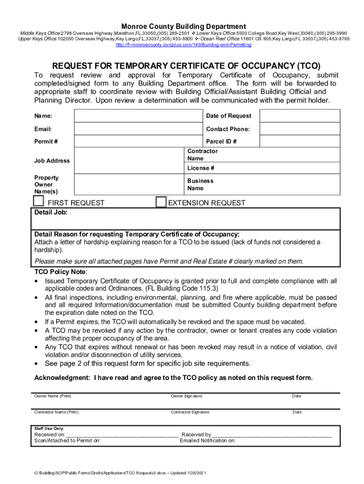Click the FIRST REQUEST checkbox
(38, 201)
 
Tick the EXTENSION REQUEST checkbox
(161, 202)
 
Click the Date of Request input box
(300, 116)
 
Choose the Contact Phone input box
(300, 129)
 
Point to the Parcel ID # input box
(300, 141)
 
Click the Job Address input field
(129, 161)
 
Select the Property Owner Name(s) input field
(129, 184)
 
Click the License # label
(201, 168)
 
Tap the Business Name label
(200, 184)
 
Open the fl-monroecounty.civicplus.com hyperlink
(183, 45)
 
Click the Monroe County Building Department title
(183, 26)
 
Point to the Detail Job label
(51, 213)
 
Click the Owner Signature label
(186, 396)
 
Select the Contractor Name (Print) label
(56, 412)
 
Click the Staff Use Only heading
(49, 428)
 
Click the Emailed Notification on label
(208, 441)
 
